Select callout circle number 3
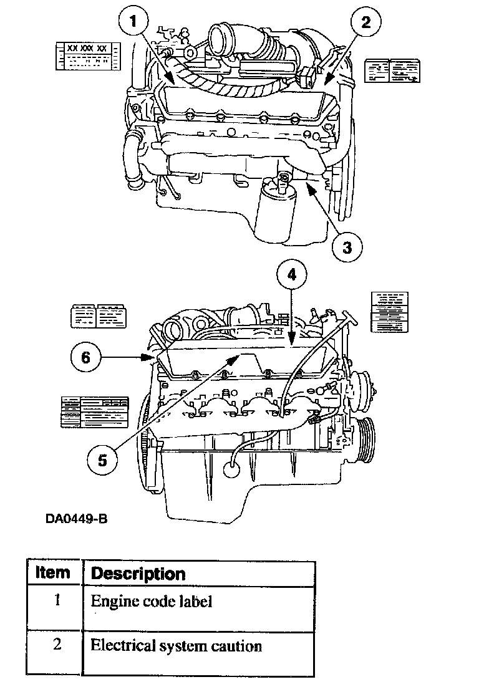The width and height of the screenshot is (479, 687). (347, 247)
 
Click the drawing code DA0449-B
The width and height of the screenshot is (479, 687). (72, 519)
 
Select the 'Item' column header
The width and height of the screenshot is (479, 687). (53, 572)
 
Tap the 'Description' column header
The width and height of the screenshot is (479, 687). (138, 573)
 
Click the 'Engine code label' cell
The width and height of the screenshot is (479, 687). (152, 602)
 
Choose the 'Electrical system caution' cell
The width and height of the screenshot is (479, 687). (176, 645)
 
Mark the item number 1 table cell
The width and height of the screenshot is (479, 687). (57, 602)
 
